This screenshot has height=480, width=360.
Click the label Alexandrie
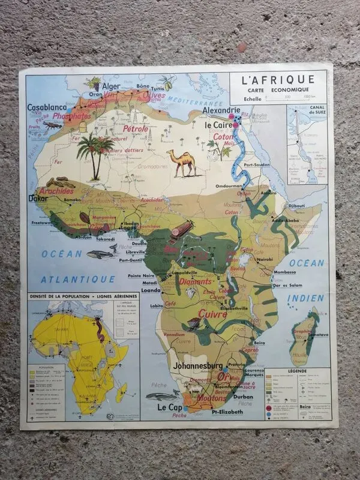click(x=221, y=111)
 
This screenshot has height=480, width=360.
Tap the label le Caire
click(x=218, y=125)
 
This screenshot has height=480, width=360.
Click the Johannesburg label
click(x=199, y=365)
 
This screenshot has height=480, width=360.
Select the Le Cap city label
click(x=170, y=407)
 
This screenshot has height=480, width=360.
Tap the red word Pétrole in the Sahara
click(x=135, y=128)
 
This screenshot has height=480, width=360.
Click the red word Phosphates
click(x=72, y=116)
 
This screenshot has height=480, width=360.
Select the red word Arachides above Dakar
click(x=56, y=191)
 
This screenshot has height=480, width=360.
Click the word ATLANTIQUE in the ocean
click(x=78, y=279)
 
